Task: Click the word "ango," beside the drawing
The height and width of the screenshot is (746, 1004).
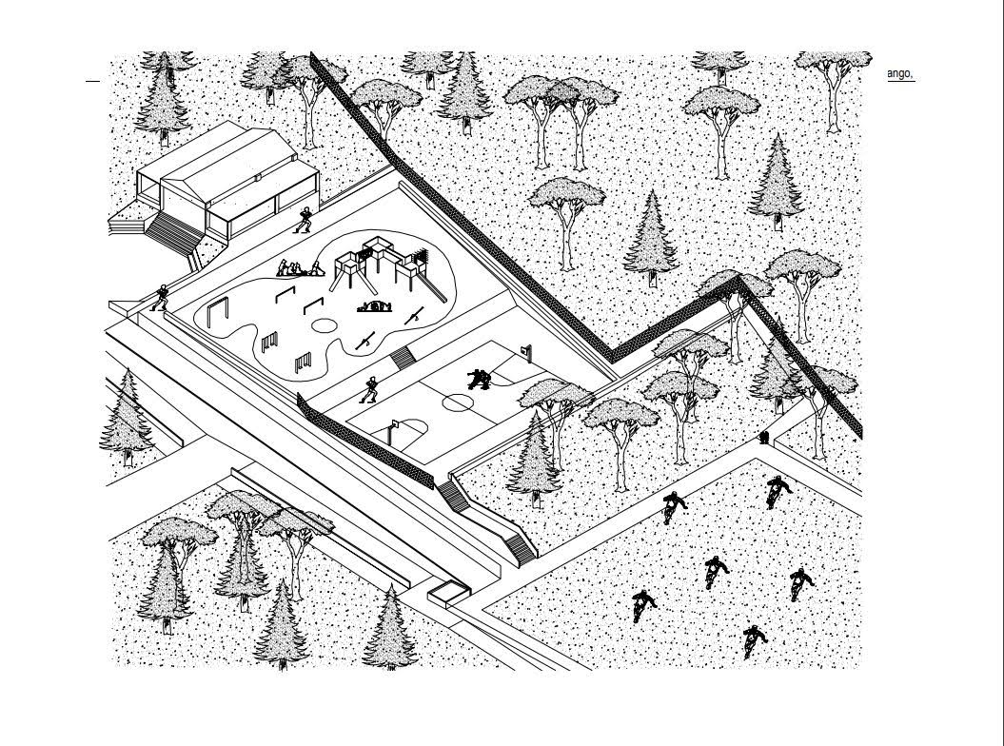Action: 900,74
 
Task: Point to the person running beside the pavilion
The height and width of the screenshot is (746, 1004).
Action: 305,220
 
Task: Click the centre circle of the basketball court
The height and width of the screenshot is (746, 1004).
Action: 459,402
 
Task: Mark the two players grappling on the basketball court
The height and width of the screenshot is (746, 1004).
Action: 480,379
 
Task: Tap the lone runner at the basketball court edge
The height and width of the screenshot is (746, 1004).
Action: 368,389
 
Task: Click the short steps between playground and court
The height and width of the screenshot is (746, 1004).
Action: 403,358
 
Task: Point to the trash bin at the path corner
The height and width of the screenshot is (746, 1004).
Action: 764,438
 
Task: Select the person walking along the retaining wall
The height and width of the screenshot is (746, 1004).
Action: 161,298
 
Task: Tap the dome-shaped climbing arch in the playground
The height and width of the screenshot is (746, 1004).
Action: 374,306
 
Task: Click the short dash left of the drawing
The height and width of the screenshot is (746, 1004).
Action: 93,81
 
